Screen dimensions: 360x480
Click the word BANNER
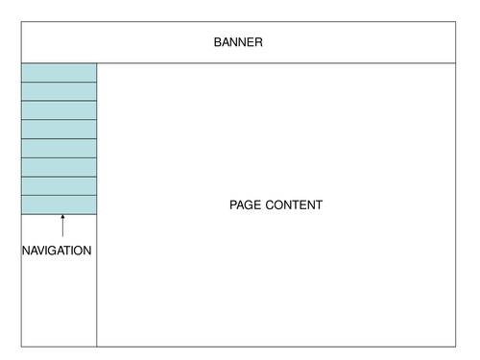point(238,42)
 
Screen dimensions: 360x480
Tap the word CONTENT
point(293,205)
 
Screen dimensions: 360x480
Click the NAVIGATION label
point(57,251)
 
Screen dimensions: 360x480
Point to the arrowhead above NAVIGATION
point(62,218)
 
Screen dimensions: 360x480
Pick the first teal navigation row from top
point(59,73)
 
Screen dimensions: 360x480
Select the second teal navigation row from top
point(59,91)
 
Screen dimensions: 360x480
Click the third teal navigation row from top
point(59,110)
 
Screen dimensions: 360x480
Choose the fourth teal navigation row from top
point(59,130)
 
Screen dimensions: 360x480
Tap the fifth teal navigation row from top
point(59,148)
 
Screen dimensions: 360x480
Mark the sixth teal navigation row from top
point(59,167)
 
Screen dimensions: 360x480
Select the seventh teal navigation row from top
point(59,186)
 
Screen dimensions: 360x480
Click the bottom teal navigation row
point(59,204)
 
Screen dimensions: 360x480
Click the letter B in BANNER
point(217,42)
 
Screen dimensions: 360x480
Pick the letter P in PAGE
point(233,205)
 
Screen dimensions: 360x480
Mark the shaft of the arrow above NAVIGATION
point(62,229)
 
